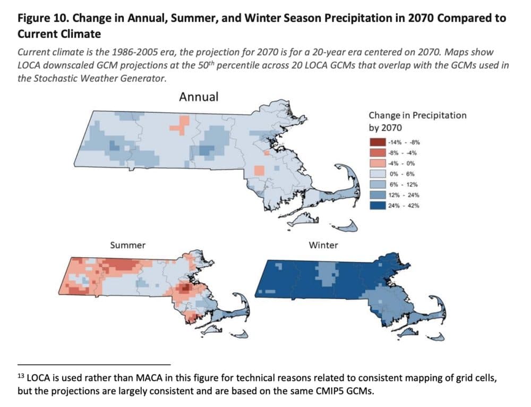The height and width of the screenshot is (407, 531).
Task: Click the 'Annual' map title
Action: pos(199,97)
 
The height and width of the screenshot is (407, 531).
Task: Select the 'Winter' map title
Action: pos(323,245)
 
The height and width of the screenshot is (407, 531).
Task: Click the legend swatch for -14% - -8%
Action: pos(377,142)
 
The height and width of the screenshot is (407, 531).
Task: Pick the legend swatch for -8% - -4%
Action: pos(377,152)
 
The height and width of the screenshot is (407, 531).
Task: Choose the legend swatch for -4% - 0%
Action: pos(377,163)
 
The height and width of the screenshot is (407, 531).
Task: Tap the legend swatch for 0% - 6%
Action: pos(377,174)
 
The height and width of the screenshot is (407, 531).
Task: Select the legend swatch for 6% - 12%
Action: pos(377,184)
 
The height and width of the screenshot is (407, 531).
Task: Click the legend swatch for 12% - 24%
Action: pos(377,195)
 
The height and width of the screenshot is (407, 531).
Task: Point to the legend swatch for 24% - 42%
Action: pos(377,206)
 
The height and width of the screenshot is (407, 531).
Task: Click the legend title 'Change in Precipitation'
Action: pos(417,115)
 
